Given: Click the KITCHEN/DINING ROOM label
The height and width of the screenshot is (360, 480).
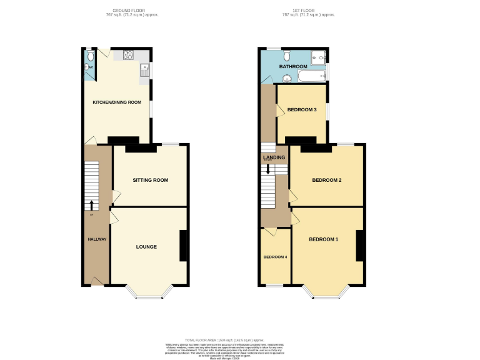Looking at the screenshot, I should tap(117, 102).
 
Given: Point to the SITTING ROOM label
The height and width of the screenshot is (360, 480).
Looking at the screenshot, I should tap(151, 180).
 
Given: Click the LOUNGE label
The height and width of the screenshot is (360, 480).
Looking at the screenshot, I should tap(146, 247).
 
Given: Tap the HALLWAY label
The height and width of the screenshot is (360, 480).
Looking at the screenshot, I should tap(96, 239).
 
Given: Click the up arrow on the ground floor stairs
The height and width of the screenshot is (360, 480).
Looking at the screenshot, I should tap(91, 205).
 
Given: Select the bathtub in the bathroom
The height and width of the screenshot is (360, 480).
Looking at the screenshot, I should tap(312, 76).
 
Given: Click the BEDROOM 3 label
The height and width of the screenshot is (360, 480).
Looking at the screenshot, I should tap(302, 110).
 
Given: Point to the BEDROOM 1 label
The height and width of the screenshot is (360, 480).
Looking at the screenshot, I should tap(323, 239).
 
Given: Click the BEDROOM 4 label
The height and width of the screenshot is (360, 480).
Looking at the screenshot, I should tap(275, 257).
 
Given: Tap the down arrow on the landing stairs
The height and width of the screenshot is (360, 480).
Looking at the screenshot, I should tap(269, 169).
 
